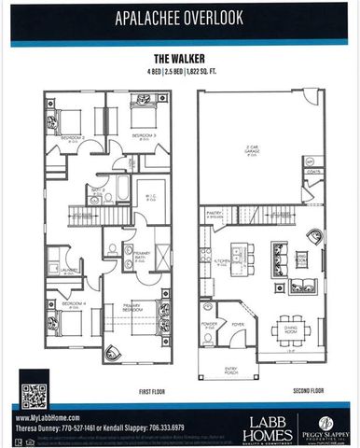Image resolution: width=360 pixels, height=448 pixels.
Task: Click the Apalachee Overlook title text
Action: click(x=179, y=18)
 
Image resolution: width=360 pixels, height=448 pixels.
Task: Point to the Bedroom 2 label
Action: click(x=73, y=137)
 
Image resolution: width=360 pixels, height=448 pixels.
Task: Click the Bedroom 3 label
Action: click(x=143, y=137)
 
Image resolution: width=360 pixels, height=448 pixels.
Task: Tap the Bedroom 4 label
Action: click(x=74, y=303)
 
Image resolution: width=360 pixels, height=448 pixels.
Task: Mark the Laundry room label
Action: click(x=67, y=271)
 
